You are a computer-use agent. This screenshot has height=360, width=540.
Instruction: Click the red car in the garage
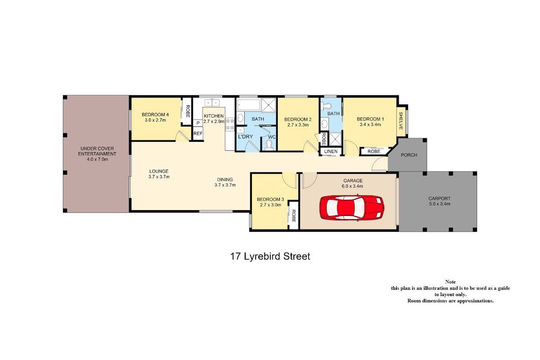pyautogui.click(x=352, y=207)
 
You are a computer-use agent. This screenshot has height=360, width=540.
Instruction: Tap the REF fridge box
pyautogui.click(x=198, y=133)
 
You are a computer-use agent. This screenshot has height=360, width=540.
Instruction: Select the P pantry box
pyautogui.click(x=198, y=123)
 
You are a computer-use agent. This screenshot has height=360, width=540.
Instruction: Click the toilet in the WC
pyautogui.click(x=269, y=145)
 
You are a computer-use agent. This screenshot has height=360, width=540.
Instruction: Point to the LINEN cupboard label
pyautogui.click(x=331, y=152)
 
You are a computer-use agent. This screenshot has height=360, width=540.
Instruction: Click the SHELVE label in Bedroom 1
pyautogui.click(x=401, y=121)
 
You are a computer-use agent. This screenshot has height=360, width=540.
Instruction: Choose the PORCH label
pyautogui.click(x=409, y=155)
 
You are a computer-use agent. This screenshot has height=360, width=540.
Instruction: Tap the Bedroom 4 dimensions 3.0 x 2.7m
pyautogui.click(x=155, y=120)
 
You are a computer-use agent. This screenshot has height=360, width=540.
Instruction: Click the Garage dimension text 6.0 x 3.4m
pyautogui.click(x=352, y=186)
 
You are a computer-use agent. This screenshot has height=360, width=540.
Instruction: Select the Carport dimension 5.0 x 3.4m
pyautogui.click(x=440, y=204)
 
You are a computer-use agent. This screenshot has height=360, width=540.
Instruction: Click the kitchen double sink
pyautogui.click(x=212, y=103)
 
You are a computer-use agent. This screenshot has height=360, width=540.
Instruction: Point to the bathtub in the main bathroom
pyautogui.click(x=248, y=105)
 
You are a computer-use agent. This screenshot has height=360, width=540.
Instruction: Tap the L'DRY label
pyautogui.click(x=245, y=137)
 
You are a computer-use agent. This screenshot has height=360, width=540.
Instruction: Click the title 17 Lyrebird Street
pyautogui.click(x=270, y=256)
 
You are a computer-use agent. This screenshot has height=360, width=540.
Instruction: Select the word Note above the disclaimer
pyautogui.click(x=450, y=282)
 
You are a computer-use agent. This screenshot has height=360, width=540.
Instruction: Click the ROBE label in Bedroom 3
pyautogui.click(x=293, y=216)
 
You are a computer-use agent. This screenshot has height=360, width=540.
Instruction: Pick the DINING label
pyautogui.click(x=225, y=180)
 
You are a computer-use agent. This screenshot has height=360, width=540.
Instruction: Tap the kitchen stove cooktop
pyautogui.click(x=230, y=124)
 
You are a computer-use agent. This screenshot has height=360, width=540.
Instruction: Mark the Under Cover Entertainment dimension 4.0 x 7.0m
pyautogui.click(x=97, y=159)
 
